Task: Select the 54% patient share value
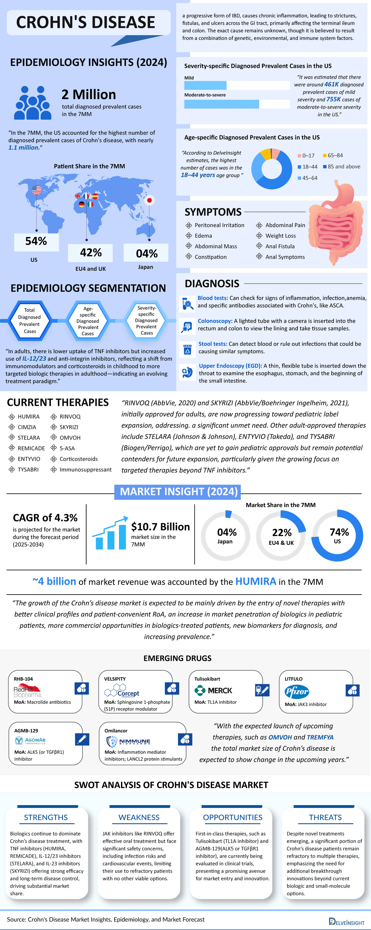point(36,241)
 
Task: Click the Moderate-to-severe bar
point(222,104)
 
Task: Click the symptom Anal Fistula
point(280,246)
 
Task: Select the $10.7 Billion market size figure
point(160,527)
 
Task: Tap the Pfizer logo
point(297,692)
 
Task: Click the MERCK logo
point(213,691)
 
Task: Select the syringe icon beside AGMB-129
point(82,739)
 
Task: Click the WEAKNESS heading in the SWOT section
point(139,817)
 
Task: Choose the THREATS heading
point(325,817)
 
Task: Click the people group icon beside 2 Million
point(32,103)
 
